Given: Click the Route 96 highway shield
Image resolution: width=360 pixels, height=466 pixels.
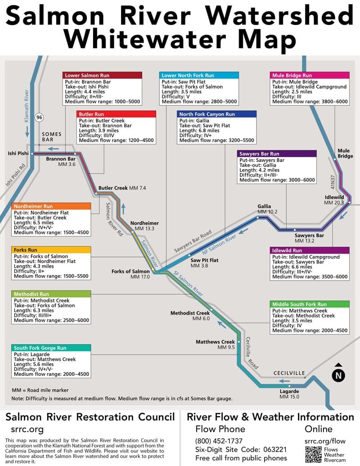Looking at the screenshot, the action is click(39, 118).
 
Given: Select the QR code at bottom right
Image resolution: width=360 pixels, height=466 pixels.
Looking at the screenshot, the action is click(313, 454).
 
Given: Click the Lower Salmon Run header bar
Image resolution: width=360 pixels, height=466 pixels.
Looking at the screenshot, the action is click(102, 75).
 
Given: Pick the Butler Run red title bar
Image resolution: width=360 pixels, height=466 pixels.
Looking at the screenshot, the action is click(116, 114).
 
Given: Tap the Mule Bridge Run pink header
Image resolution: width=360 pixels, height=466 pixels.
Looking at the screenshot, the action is click(310, 75).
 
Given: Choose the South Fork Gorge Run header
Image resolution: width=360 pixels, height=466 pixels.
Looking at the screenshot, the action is click(51, 348).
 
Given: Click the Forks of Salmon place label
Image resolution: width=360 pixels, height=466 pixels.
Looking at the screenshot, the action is click(130, 271).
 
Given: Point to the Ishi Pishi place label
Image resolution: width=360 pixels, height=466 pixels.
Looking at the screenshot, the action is click(18, 154).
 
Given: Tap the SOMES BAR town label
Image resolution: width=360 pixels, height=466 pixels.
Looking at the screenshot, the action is click(52, 137).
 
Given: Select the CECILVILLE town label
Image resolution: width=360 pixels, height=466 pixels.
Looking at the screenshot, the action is click(289, 373).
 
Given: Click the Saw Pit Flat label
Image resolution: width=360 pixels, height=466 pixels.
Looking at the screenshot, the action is click(204, 260).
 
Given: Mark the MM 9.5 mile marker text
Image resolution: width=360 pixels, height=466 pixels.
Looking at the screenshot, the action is click(226, 347).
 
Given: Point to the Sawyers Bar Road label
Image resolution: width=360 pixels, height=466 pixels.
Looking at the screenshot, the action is click(193, 241).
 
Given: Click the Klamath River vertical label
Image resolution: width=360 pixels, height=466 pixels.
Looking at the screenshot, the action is click(27, 106).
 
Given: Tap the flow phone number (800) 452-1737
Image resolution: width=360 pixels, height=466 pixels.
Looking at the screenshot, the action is click(219, 441).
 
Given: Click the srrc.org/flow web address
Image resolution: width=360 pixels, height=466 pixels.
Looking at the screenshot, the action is click(325, 441).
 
